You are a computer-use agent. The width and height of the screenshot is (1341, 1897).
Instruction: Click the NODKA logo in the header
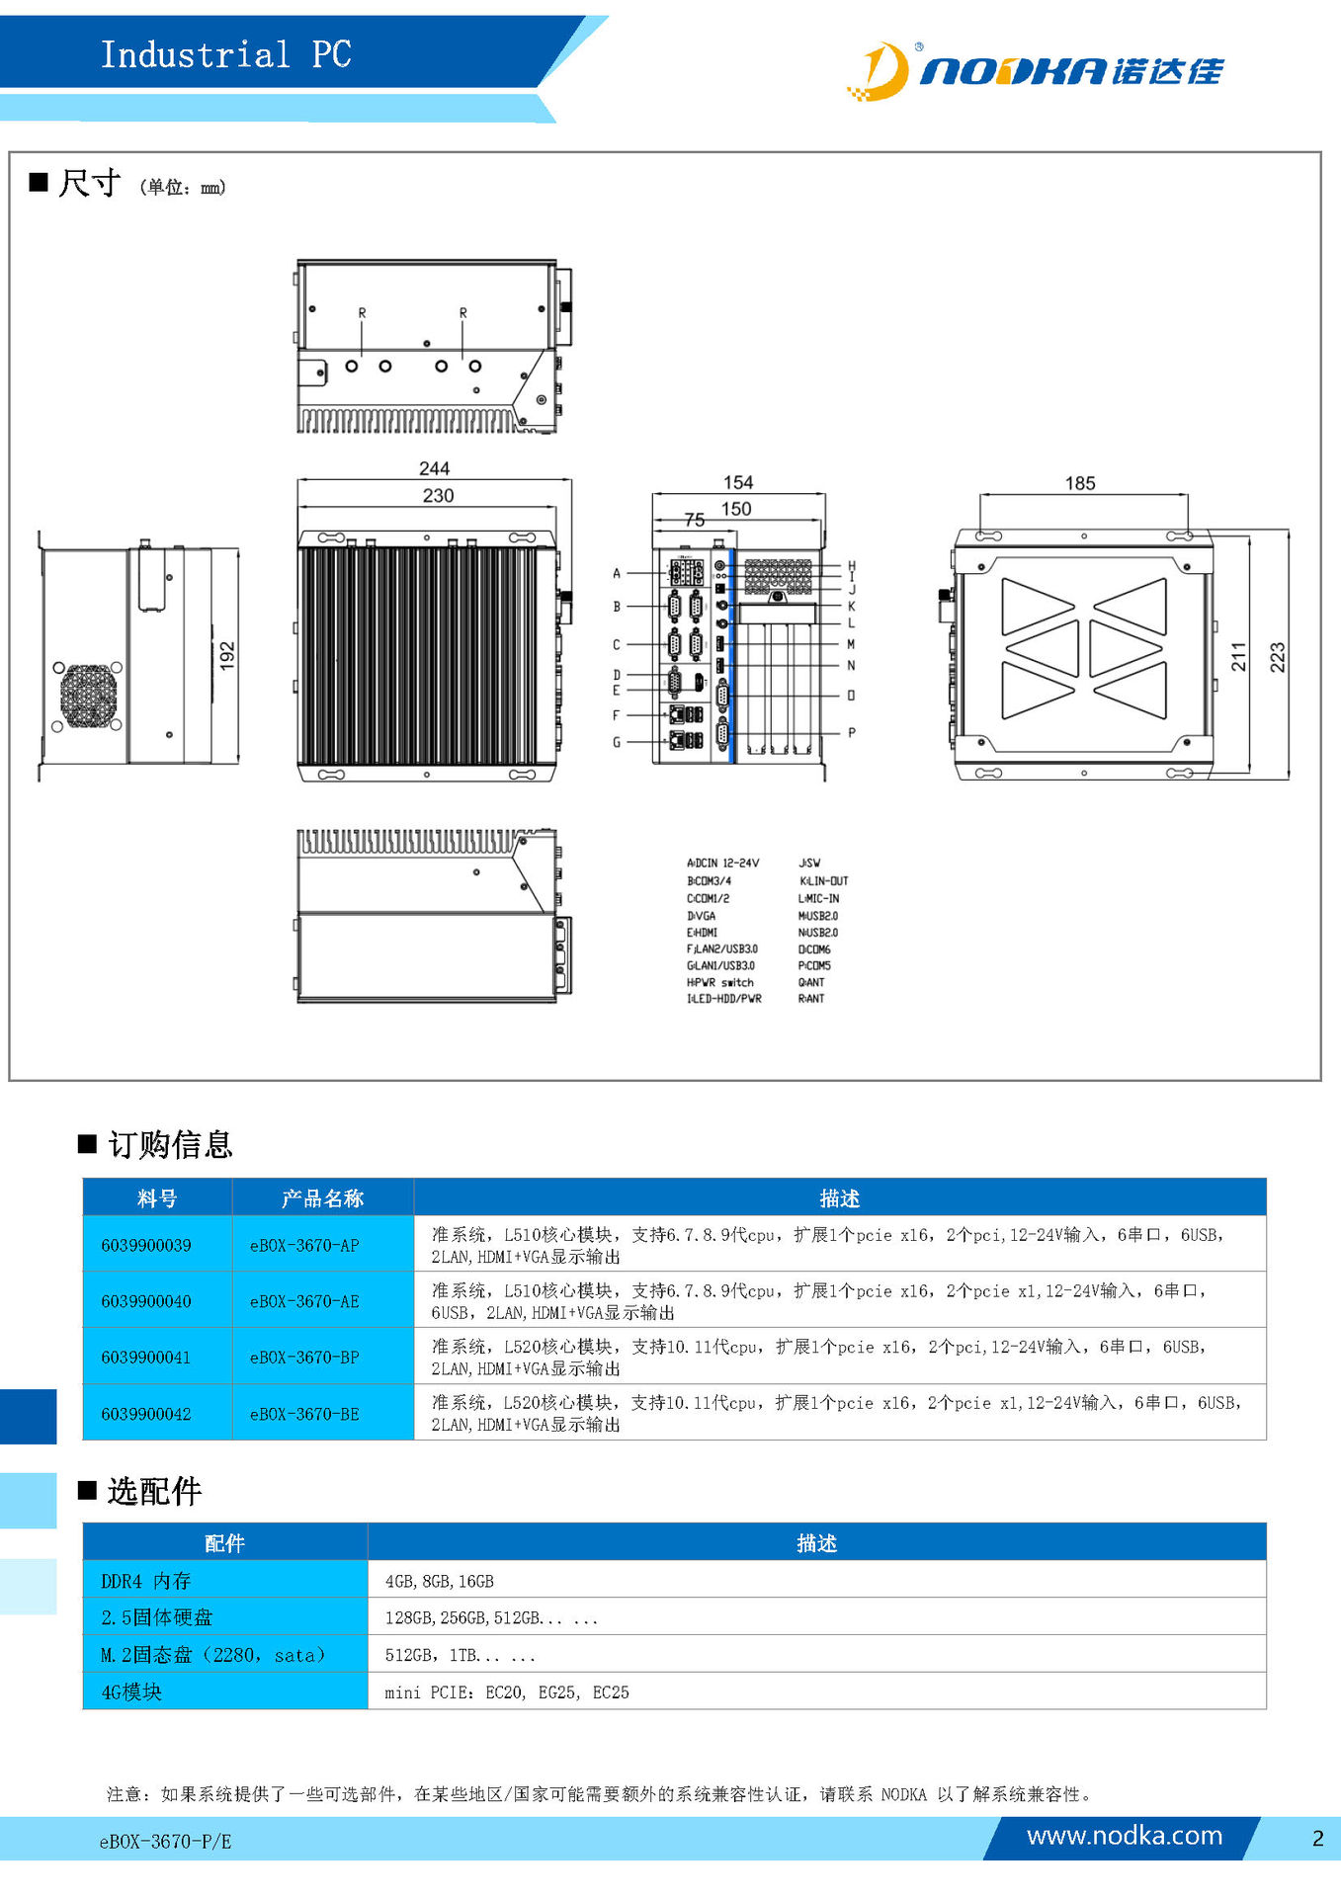pyautogui.click(x=1035, y=71)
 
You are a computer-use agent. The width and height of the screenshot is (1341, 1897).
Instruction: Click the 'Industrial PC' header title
pyautogui.click(x=226, y=54)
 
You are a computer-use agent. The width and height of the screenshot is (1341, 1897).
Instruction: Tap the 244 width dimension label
pyautogui.click(x=434, y=468)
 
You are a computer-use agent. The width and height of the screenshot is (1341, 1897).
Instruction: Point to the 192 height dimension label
pyautogui.click(x=227, y=656)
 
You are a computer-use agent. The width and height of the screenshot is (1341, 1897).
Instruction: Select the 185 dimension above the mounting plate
pyautogui.click(x=1080, y=483)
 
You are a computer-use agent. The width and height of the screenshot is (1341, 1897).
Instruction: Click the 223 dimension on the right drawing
pyautogui.click(x=1277, y=657)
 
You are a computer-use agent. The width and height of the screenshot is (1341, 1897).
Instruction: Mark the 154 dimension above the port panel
pyautogui.click(x=738, y=482)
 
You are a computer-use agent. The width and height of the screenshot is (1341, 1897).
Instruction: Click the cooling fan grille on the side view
pyautogui.click(x=88, y=696)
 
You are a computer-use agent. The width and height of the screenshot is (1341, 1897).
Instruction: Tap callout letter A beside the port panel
pyautogui.click(x=617, y=573)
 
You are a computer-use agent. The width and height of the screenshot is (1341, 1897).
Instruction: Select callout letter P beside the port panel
pyautogui.click(x=852, y=733)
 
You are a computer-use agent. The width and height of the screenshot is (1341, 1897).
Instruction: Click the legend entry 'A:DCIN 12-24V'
pyautogui.click(x=723, y=864)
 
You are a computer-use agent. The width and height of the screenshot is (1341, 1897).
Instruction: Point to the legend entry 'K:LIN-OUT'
pyautogui.click(x=823, y=881)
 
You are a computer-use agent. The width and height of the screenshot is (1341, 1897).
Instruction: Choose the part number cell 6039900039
pyautogui.click(x=146, y=1245)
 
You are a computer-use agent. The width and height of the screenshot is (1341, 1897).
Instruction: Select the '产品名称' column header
pyautogui.click(x=322, y=1198)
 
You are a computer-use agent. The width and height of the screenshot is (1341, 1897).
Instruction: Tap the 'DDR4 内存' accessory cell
pyautogui.click(x=145, y=1581)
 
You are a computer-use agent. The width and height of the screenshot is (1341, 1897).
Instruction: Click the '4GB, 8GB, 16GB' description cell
pyautogui.click(x=440, y=1582)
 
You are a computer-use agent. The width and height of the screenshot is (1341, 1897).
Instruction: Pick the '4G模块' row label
pyautogui.click(x=131, y=1691)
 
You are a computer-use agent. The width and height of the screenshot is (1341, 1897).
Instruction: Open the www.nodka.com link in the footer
pyautogui.click(x=1125, y=1836)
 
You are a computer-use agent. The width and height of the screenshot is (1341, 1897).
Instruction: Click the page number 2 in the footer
pyautogui.click(x=1318, y=1838)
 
